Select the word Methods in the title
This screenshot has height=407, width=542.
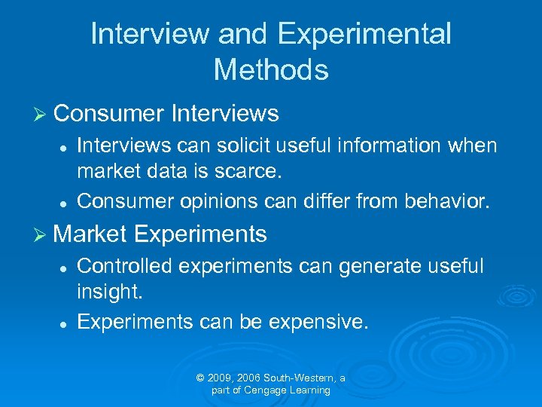(271, 70)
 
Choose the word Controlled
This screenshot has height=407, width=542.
(125, 265)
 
